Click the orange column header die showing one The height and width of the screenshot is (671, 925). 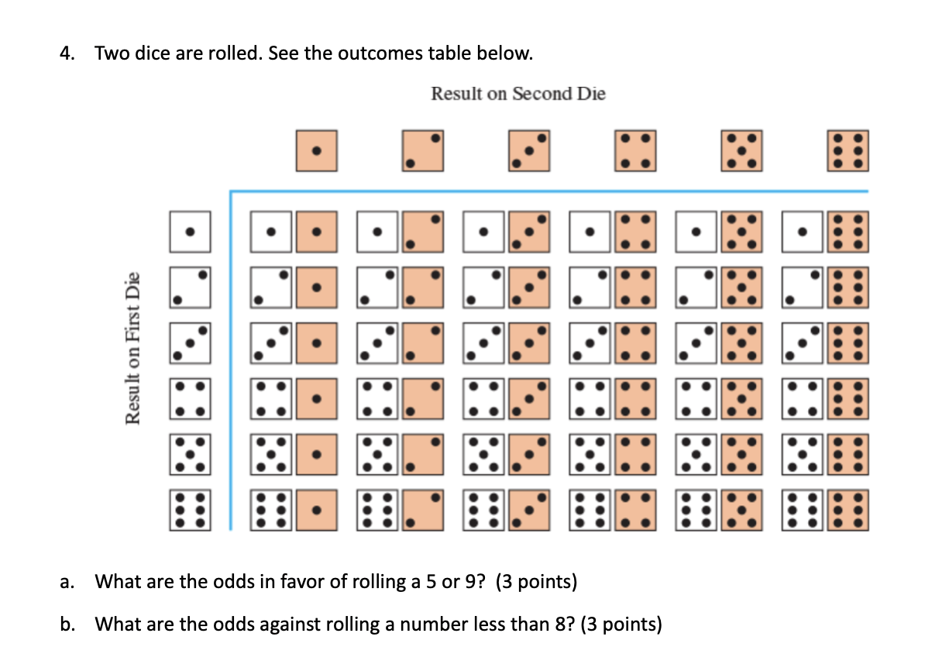coord(316,151)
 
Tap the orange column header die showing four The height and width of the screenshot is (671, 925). coord(635,151)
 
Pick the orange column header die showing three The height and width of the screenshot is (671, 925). coord(529,151)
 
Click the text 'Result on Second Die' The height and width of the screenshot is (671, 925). coord(518,94)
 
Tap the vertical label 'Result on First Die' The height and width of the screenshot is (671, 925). coord(132,348)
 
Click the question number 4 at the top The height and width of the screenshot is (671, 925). coord(67,53)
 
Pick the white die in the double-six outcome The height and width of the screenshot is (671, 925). coord(806,511)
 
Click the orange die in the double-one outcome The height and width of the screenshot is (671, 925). coord(316,232)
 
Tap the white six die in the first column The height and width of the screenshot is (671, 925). coord(272,511)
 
